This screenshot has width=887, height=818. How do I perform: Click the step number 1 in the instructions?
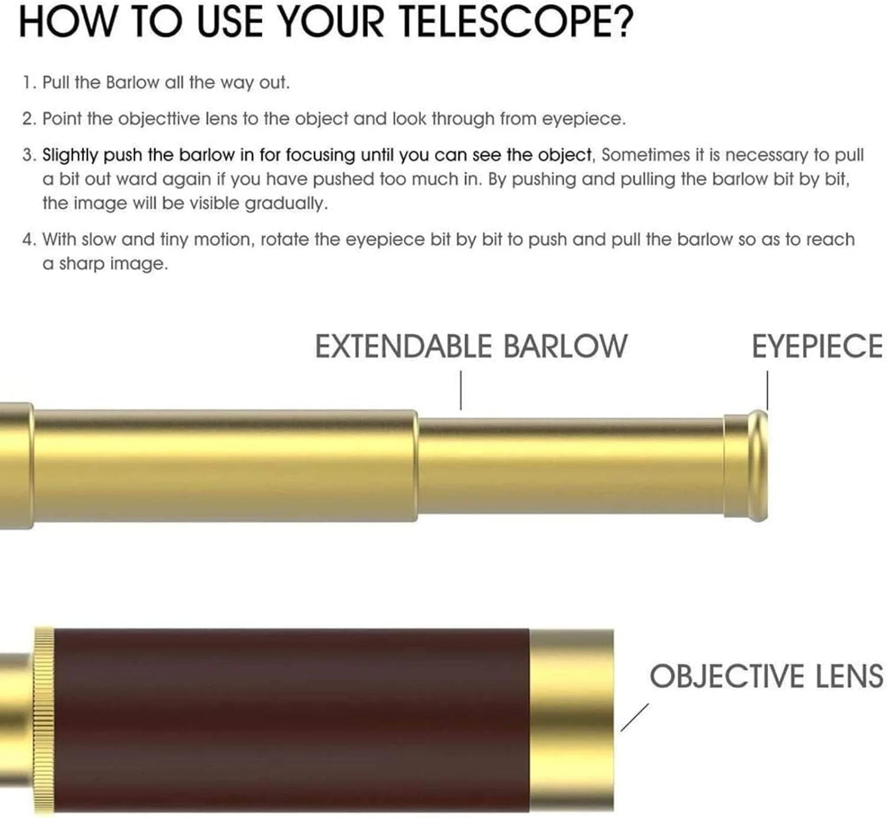click(27, 83)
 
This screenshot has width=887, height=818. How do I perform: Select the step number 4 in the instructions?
click(28, 240)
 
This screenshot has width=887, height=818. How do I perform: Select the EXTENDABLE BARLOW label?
click(471, 346)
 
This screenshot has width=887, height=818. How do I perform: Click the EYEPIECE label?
click(817, 346)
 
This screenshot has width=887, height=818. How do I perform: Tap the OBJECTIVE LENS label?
click(766, 676)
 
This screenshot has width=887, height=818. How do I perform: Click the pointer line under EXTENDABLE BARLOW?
click(461, 390)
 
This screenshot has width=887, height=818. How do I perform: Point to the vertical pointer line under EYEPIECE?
click(768, 390)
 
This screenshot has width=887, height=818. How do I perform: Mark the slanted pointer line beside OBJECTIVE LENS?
click(635, 717)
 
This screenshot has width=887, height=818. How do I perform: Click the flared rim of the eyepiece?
click(758, 465)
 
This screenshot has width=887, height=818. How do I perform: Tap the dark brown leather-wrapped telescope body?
click(292, 720)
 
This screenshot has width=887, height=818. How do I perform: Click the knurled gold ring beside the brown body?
click(44, 720)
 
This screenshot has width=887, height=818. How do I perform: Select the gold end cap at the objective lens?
click(572, 720)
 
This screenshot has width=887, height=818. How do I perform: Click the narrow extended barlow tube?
click(571, 465)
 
